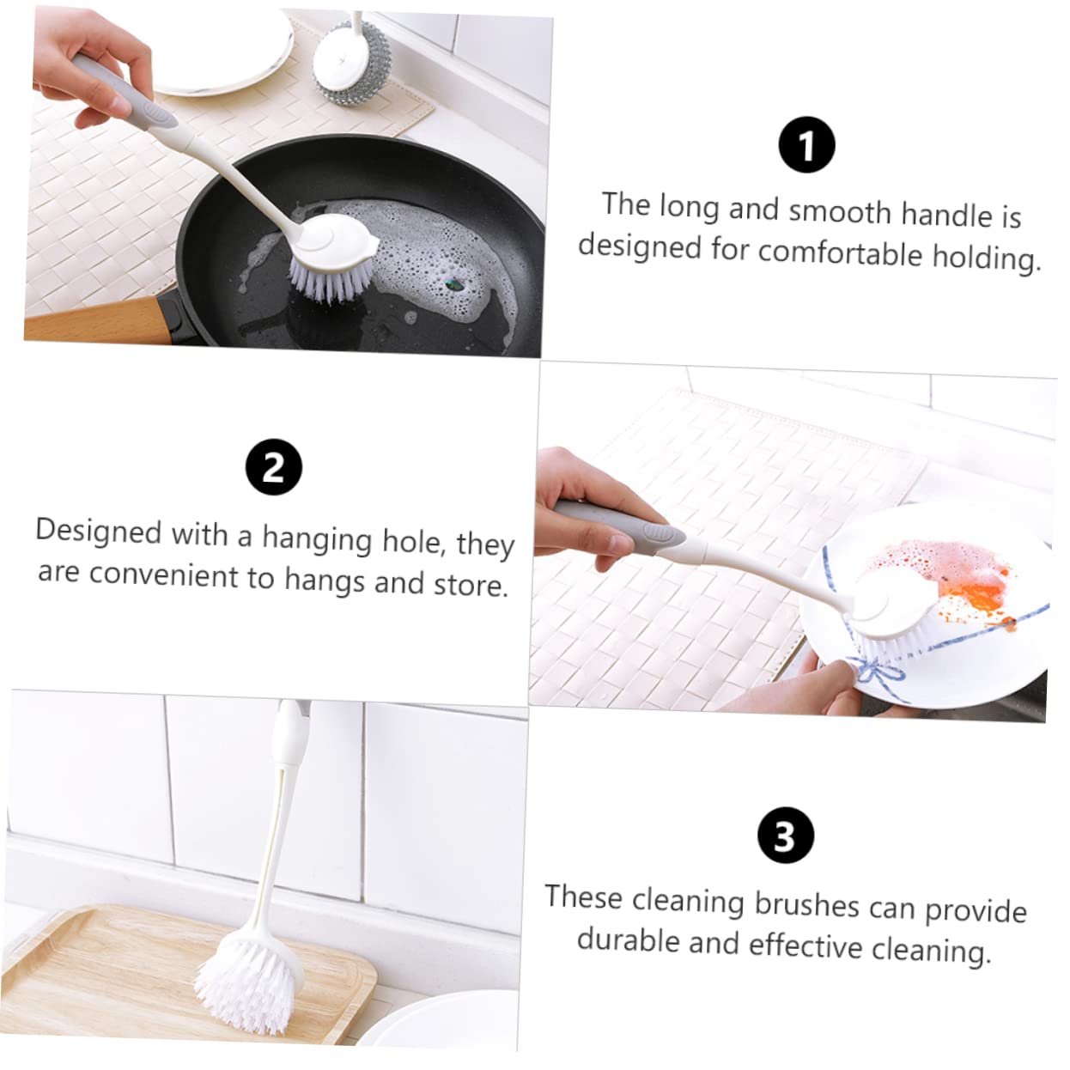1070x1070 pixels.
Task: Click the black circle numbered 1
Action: pyautogui.click(x=806, y=144)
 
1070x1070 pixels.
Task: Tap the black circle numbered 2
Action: pyautogui.click(x=274, y=467)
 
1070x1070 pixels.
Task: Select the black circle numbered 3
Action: pyautogui.click(x=785, y=835)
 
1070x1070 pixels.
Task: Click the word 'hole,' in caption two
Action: pyautogui.click(x=415, y=541)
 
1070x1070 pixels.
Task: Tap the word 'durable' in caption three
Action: pyautogui.click(x=628, y=940)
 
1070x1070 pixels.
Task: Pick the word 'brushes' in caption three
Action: pyautogui.click(x=807, y=904)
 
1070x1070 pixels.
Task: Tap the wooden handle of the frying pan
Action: pyautogui.click(x=97, y=320)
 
